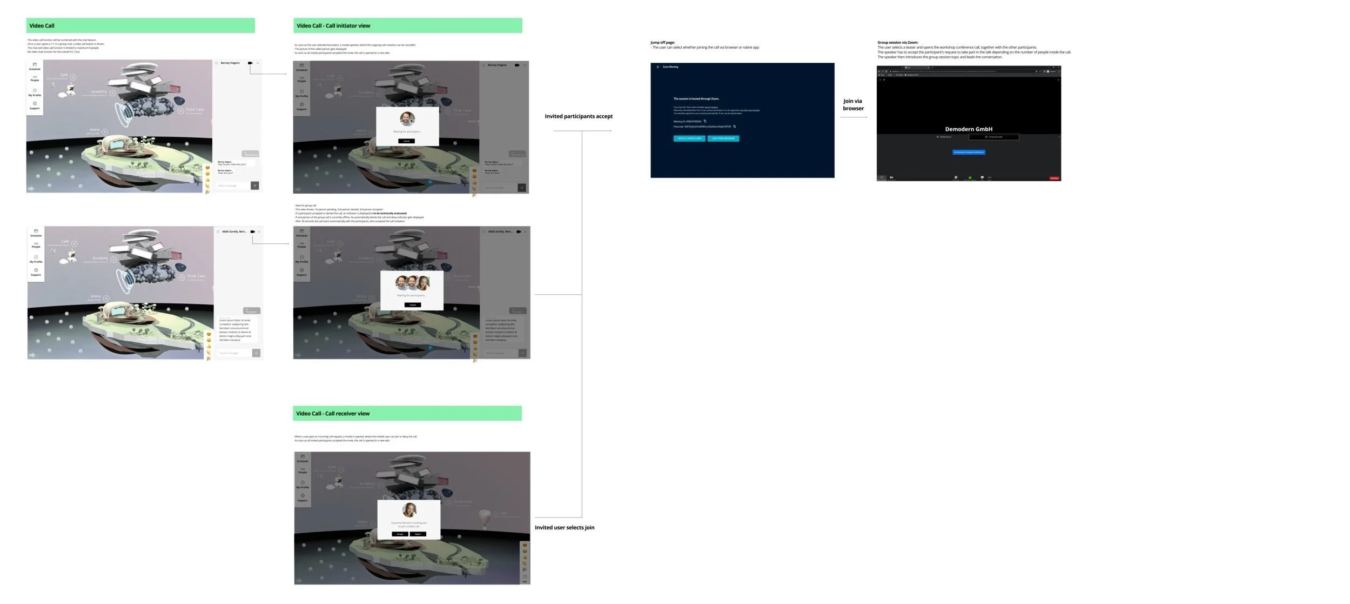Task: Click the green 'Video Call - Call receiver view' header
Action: pyautogui.click(x=407, y=414)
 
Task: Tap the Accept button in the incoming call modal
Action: pyautogui.click(x=400, y=534)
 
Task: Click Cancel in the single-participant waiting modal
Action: pyautogui.click(x=407, y=141)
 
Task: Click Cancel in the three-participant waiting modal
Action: pyautogui.click(x=412, y=305)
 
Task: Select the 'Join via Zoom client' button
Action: pyautogui.click(x=689, y=138)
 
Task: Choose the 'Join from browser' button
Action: pyautogui.click(x=723, y=138)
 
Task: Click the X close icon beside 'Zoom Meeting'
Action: pyautogui.click(x=657, y=67)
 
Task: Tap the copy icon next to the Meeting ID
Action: pyautogui.click(x=705, y=122)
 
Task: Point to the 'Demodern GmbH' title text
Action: pyautogui.click(x=968, y=129)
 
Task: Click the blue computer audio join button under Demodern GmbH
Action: pyautogui.click(x=968, y=152)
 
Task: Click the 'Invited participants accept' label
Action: pyautogui.click(x=578, y=117)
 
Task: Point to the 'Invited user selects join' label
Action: pyautogui.click(x=564, y=528)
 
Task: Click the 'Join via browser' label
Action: pyautogui.click(x=853, y=105)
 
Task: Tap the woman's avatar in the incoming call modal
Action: pyautogui.click(x=409, y=510)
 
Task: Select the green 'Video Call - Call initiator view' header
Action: pyautogui.click(x=407, y=26)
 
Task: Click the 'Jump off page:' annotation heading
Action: pyautogui.click(x=662, y=43)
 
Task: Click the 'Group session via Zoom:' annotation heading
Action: pyautogui.click(x=897, y=43)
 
